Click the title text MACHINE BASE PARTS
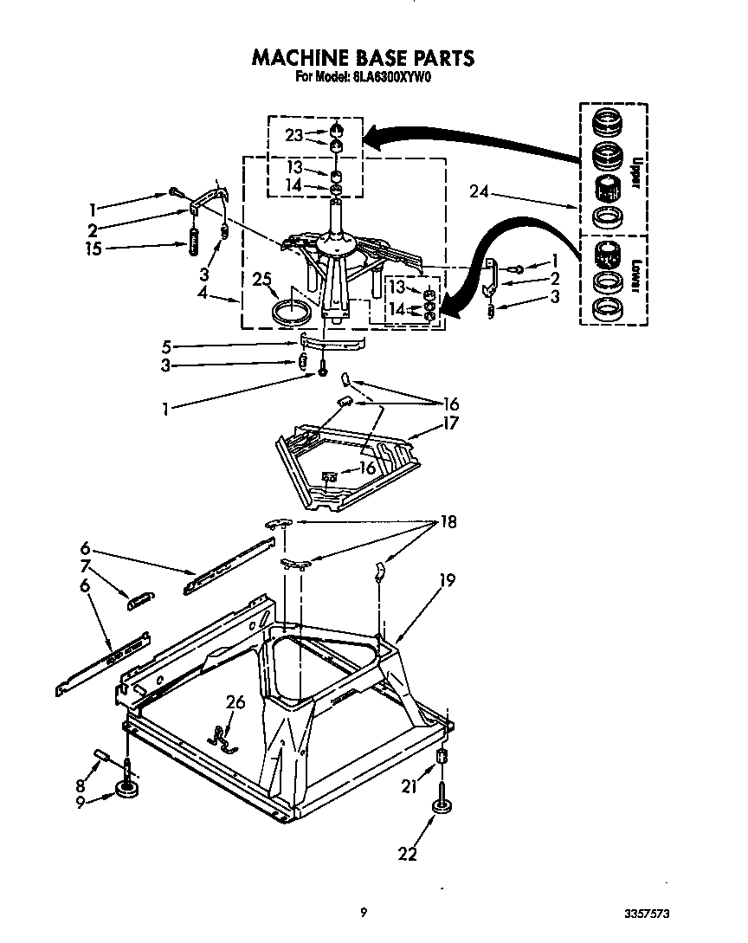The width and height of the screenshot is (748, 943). click(x=362, y=58)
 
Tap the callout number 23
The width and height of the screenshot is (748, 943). click(x=294, y=135)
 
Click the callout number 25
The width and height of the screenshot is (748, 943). click(x=262, y=280)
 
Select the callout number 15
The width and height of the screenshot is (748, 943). click(x=93, y=249)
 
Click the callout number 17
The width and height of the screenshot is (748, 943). click(x=450, y=423)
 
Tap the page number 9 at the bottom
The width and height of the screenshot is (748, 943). click(x=364, y=911)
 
